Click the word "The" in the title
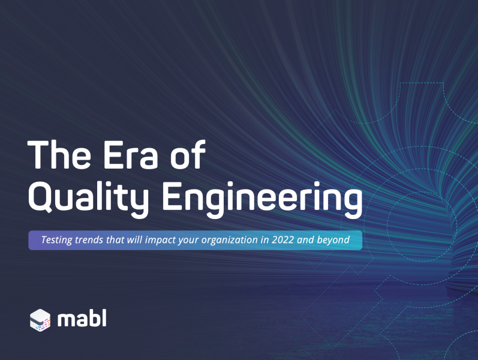[59, 155]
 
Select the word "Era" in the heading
[131, 155]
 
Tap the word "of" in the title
[188, 154]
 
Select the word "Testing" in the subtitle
[56, 240]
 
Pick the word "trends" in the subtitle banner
[89, 240]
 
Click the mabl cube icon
[40, 320]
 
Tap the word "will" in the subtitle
[134, 240]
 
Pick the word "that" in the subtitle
[115, 240]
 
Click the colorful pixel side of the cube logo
[46, 323]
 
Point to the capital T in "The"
[39, 155]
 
